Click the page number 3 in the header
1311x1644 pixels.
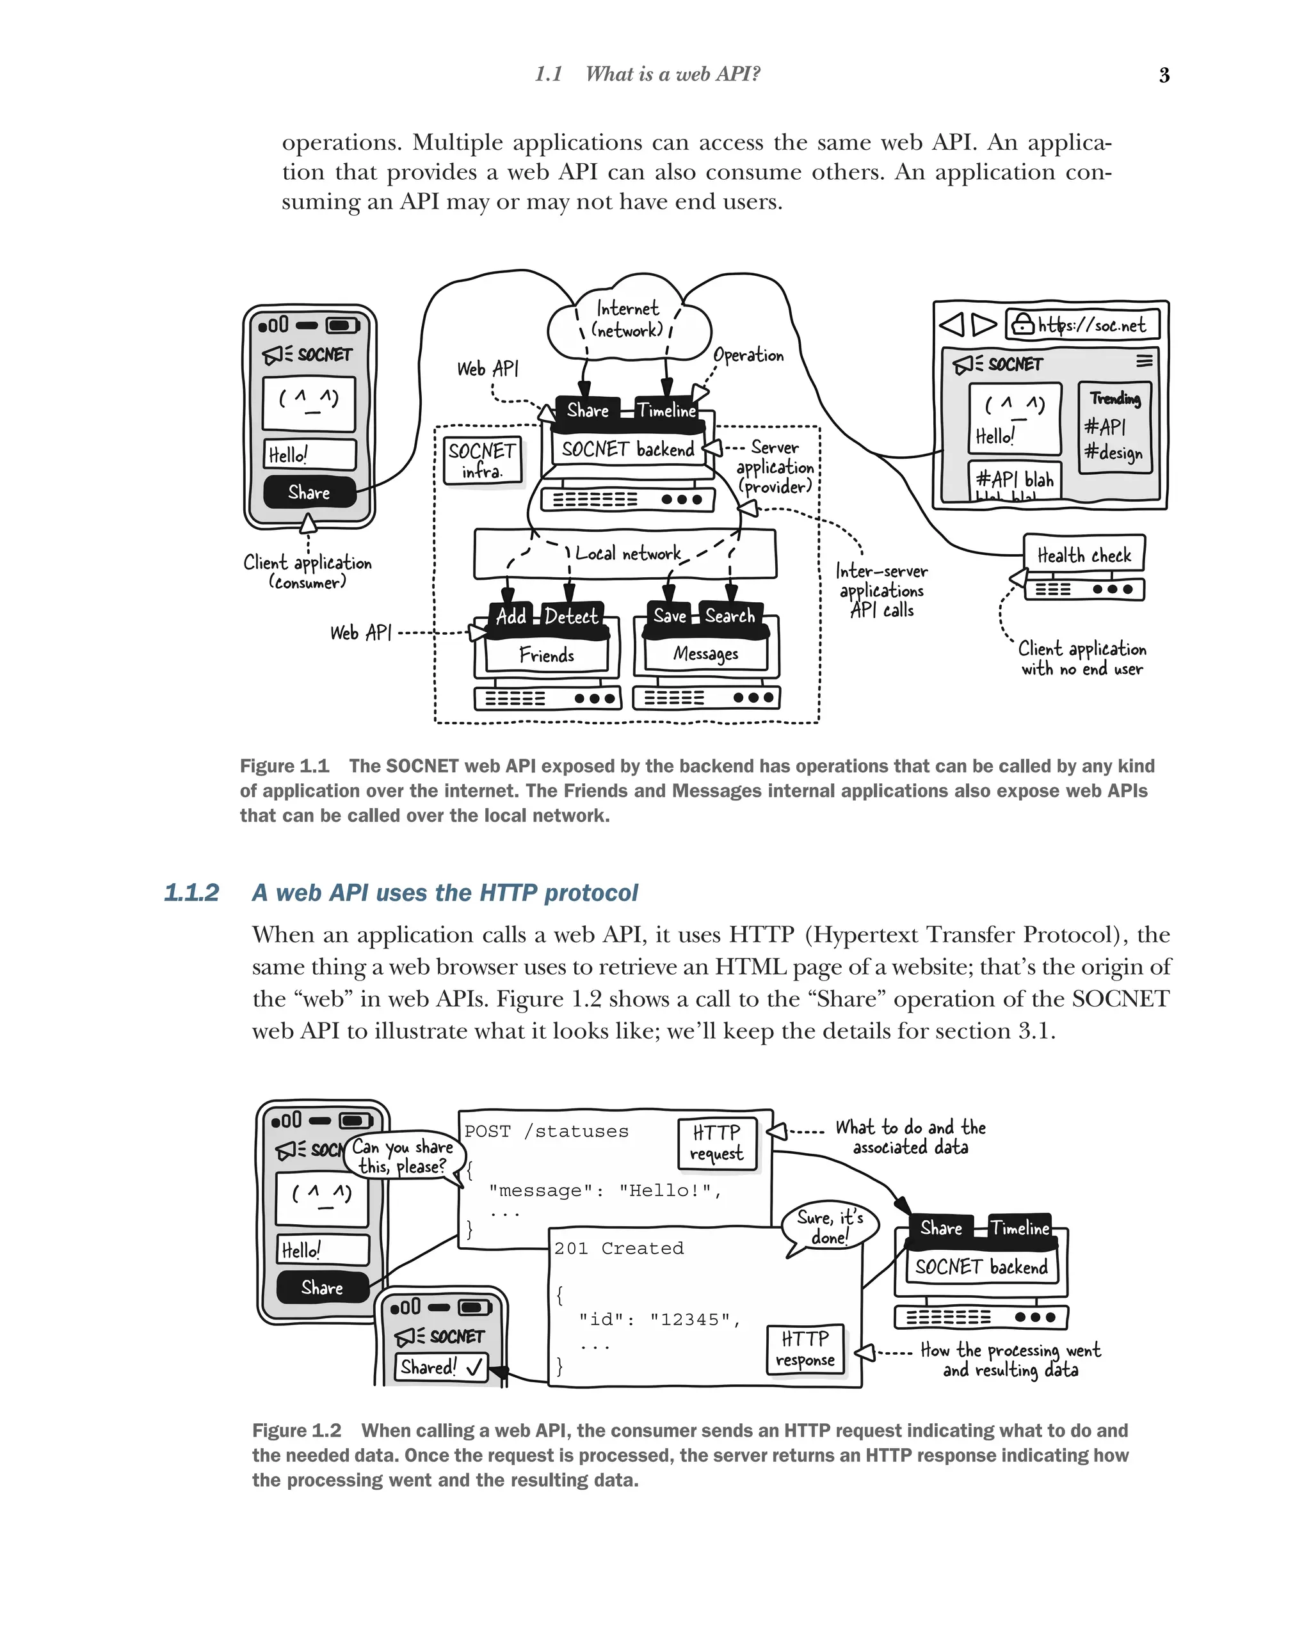tap(1164, 75)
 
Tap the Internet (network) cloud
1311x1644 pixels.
tap(629, 320)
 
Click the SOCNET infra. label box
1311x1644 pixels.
tap(482, 461)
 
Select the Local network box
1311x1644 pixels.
tap(625, 554)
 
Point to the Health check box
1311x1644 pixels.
tap(1083, 554)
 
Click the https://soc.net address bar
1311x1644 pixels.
tap(1083, 325)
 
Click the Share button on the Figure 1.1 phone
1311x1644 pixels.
tap(310, 493)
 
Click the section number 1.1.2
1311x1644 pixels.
tap(191, 892)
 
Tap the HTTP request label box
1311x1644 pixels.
tap(717, 1142)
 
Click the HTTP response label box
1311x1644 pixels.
tap(805, 1349)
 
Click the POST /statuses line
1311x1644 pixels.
tap(546, 1131)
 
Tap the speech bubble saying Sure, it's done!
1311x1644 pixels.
tap(830, 1226)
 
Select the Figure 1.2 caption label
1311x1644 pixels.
tap(296, 1430)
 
